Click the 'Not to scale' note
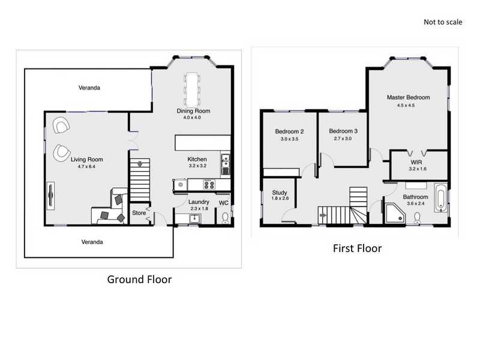443,22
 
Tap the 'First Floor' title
357,248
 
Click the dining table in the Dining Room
193,89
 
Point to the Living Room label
87,160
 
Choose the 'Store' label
139,213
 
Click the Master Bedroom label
408,97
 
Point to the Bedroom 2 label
289,131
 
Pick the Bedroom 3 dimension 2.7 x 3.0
343,138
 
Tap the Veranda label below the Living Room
93,242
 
